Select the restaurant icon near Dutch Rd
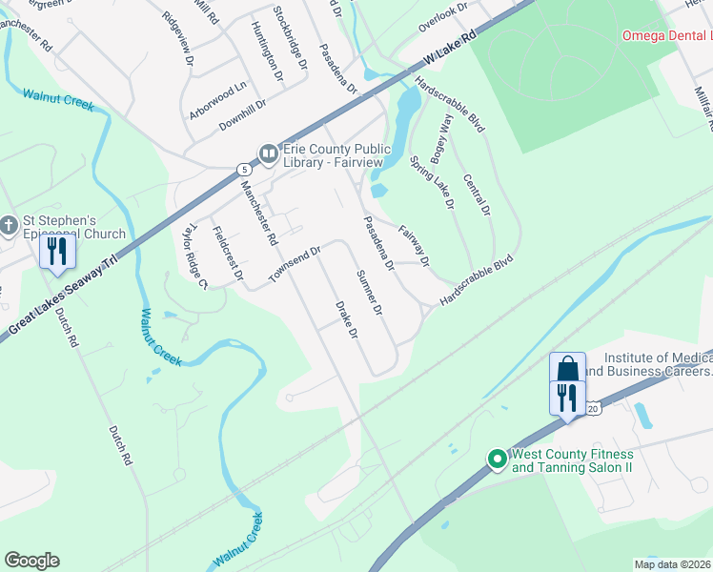57,252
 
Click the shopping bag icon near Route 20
567,369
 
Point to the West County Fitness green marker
497,460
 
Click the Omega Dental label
666,35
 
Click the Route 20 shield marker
593,408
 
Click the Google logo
31,561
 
